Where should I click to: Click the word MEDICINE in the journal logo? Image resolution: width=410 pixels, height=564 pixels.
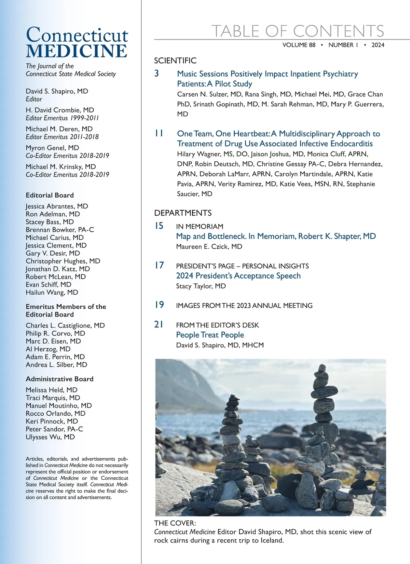(x=77, y=51)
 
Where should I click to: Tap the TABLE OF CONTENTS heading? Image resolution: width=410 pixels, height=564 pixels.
(x=298, y=31)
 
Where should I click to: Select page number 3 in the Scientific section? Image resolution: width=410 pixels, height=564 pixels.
(x=156, y=73)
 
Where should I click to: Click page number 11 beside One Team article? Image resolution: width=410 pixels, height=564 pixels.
(x=159, y=133)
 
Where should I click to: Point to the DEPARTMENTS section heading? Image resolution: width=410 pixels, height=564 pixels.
(x=183, y=213)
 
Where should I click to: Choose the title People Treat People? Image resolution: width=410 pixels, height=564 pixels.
(x=210, y=335)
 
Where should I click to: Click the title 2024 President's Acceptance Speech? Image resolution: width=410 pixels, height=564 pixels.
(x=238, y=276)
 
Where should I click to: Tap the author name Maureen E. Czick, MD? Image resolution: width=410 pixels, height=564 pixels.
(x=209, y=246)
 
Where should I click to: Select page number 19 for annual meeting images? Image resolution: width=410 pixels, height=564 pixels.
(x=159, y=305)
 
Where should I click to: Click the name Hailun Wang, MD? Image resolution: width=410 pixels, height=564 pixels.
(x=52, y=292)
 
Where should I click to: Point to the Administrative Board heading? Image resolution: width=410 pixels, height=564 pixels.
(x=59, y=379)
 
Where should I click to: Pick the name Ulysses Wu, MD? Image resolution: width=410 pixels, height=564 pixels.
(x=50, y=437)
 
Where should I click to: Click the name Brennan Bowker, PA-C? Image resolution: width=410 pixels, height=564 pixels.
(x=60, y=230)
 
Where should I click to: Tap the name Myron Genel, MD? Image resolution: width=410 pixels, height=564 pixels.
(x=52, y=148)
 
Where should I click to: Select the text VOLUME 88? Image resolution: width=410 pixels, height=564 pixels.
(x=299, y=45)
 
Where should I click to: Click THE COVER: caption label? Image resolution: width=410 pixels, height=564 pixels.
(x=175, y=523)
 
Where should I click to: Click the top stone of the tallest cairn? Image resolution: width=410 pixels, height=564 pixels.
(x=322, y=368)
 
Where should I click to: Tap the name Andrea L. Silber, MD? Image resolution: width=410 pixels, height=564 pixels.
(x=56, y=365)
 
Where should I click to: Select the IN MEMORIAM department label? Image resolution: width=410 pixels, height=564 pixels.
(x=200, y=227)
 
